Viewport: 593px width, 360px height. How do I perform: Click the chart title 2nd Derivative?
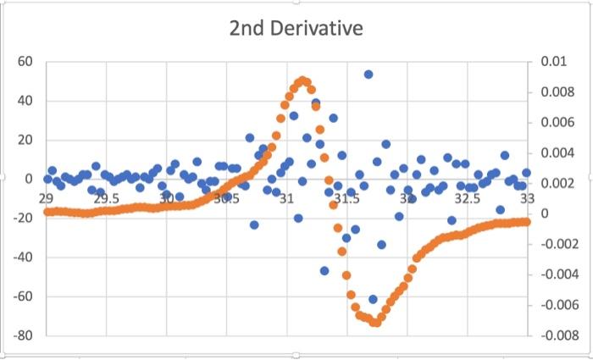pos(296,29)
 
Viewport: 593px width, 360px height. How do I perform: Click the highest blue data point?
pos(369,75)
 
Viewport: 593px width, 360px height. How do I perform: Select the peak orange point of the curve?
pos(302,81)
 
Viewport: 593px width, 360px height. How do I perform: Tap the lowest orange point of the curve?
pos(374,322)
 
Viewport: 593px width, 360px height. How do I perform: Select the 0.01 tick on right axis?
pos(551,62)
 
